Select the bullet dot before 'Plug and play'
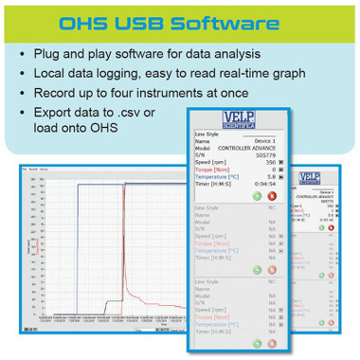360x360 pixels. point(21,54)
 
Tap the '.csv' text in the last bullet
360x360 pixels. point(144,113)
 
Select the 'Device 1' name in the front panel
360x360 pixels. point(262,140)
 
